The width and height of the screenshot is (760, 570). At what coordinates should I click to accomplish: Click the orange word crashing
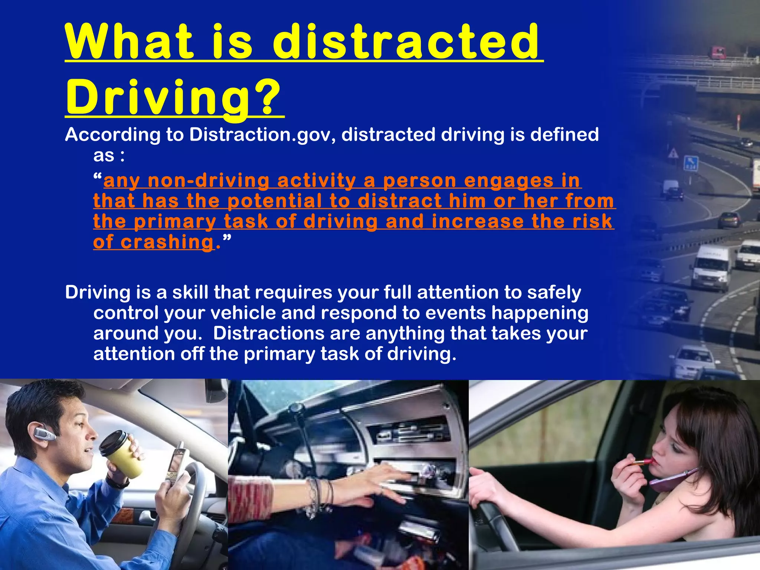coord(168,242)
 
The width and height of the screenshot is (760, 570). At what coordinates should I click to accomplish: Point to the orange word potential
coord(275,201)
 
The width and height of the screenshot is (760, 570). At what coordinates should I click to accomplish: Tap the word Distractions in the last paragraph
coord(268,333)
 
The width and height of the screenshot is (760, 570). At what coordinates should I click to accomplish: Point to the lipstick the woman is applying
coord(644,462)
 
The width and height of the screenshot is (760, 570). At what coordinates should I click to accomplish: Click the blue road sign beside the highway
coord(691,163)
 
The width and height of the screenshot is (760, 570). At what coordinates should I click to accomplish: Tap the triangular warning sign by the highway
coord(673,153)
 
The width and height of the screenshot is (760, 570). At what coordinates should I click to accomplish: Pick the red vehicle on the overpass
coord(718,53)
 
